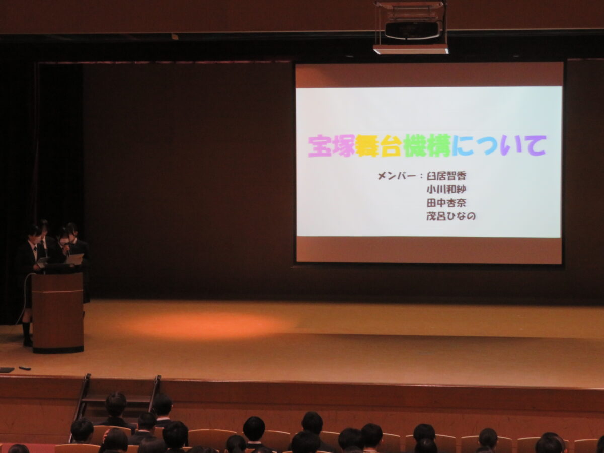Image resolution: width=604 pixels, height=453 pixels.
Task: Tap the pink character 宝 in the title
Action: (x=319, y=146)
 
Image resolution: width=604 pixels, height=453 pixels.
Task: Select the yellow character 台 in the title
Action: (x=391, y=146)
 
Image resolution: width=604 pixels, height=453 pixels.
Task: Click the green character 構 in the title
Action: (x=439, y=146)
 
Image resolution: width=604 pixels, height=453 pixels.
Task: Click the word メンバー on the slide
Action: (x=397, y=176)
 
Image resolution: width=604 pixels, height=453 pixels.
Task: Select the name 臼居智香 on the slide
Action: (x=446, y=176)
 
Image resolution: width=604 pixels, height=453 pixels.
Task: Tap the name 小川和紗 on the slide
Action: (x=446, y=189)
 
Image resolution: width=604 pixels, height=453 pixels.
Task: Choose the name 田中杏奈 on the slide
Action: (x=446, y=203)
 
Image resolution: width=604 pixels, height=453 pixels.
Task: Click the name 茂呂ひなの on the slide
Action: (x=451, y=216)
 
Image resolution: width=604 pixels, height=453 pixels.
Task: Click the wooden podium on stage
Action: (x=58, y=312)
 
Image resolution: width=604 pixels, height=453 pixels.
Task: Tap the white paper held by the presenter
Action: (x=74, y=259)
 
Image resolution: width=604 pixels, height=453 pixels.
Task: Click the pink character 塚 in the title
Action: (x=343, y=146)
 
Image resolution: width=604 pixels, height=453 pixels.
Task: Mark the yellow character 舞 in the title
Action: (x=367, y=146)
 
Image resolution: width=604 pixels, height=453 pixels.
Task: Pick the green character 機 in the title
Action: (x=415, y=146)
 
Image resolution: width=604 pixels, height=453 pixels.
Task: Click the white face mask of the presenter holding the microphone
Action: (x=64, y=242)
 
